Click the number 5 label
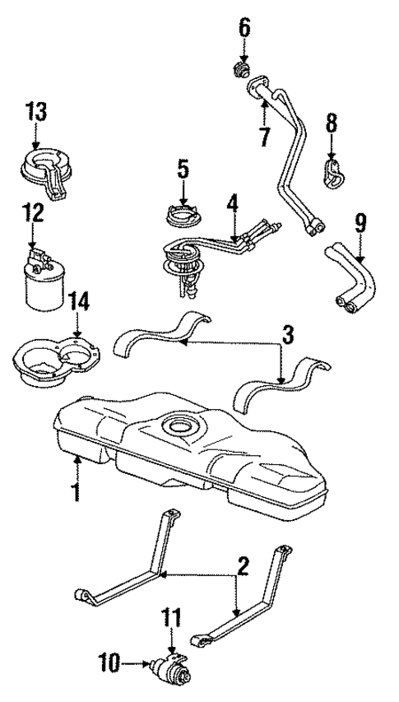pyautogui.click(x=183, y=170)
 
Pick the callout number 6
pyautogui.click(x=244, y=28)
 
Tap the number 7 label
pyautogui.click(x=264, y=136)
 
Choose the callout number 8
pyautogui.click(x=332, y=124)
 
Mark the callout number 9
pyautogui.click(x=360, y=221)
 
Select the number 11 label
pyautogui.click(x=173, y=616)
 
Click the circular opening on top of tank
pyautogui.click(x=179, y=426)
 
